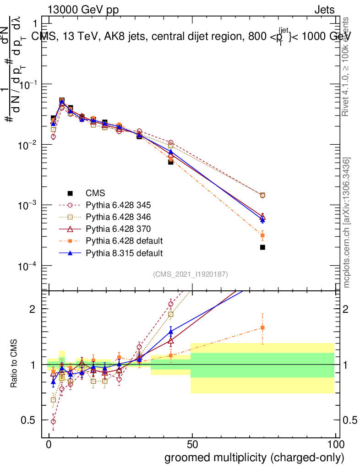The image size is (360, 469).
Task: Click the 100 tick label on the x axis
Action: [335, 444]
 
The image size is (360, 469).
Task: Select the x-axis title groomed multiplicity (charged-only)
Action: [254, 458]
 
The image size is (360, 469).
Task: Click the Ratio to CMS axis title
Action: [14, 364]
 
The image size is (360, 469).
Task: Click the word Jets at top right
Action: [324, 9]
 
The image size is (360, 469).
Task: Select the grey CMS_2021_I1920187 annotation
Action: [191, 274]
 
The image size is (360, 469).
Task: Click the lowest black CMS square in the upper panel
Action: [262, 247]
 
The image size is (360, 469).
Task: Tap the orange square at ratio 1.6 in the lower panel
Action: [262, 327]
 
